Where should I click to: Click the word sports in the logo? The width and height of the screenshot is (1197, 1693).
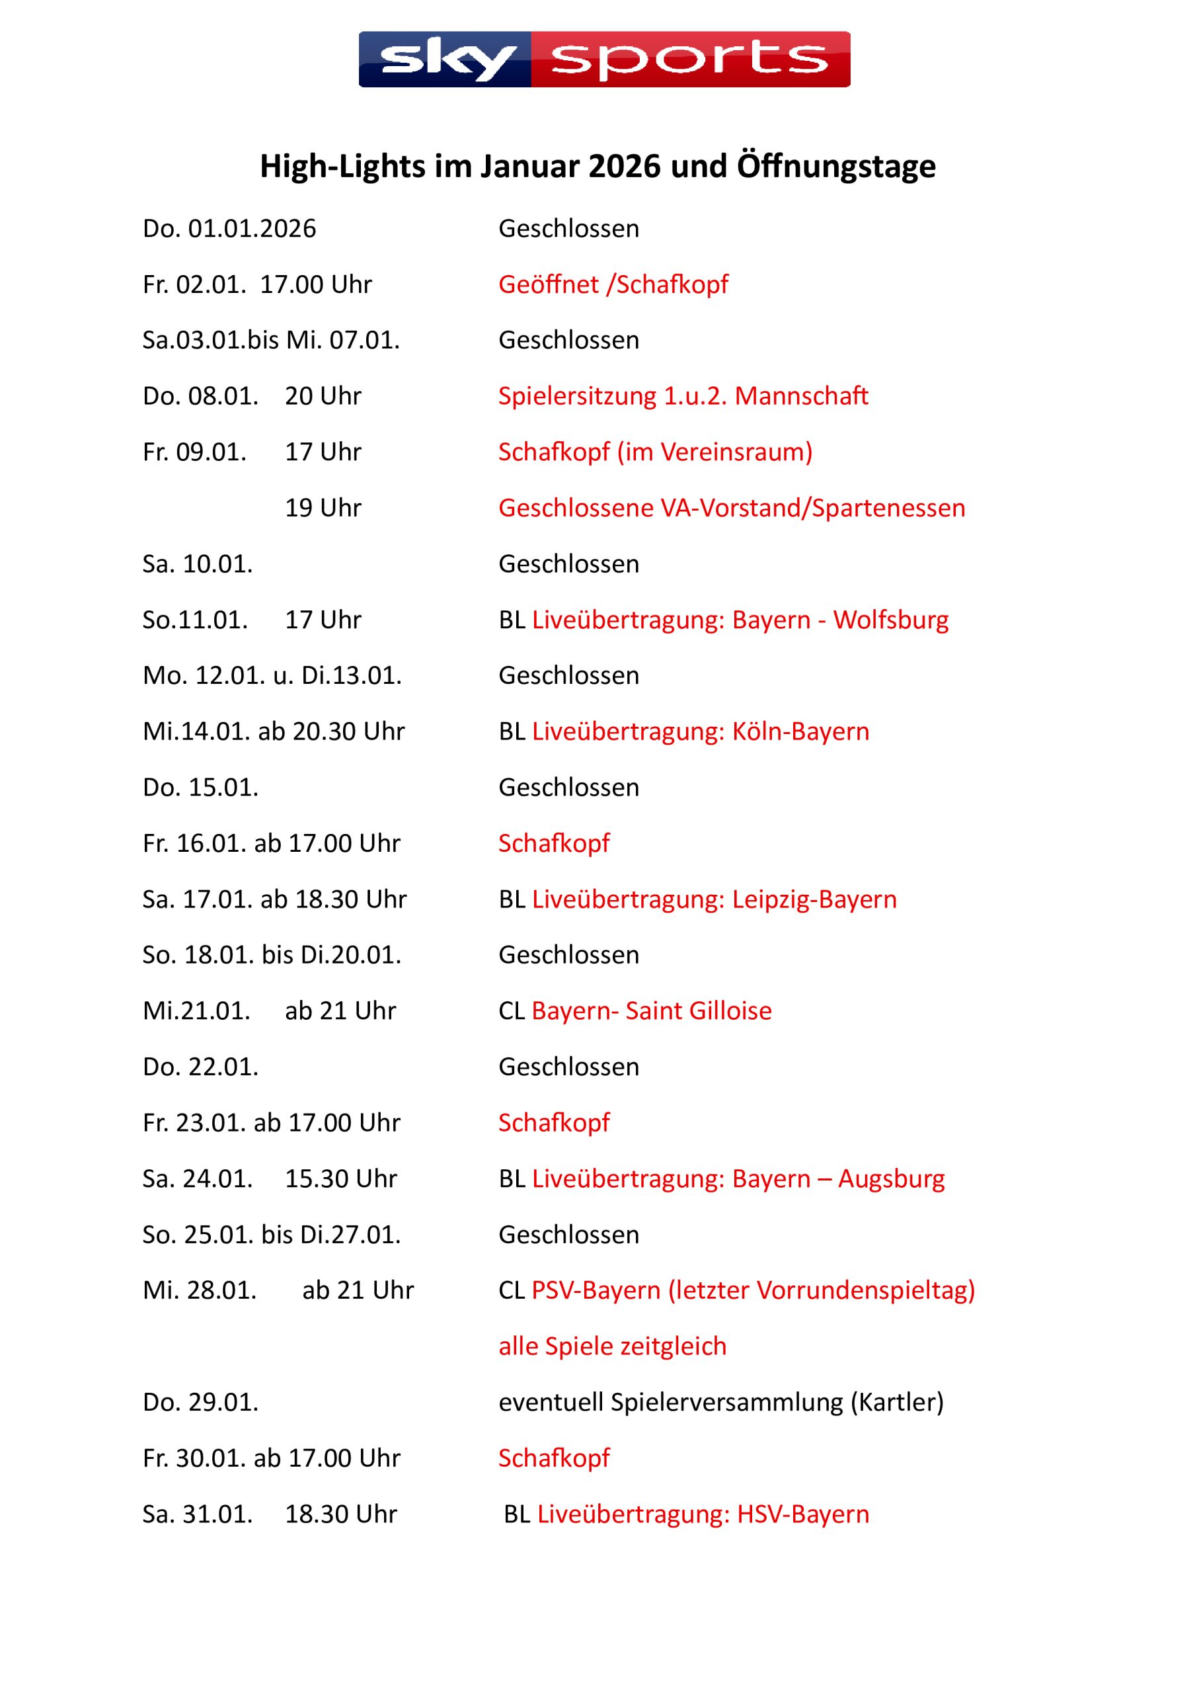[690, 60]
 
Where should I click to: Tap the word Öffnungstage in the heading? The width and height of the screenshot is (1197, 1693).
[836, 167]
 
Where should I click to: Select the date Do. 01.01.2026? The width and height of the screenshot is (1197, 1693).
[229, 229]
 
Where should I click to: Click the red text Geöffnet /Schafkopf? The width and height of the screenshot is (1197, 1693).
[613, 284]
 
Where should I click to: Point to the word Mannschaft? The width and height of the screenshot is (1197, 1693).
[801, 396]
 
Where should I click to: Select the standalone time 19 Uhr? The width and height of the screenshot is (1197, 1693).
[323, 508]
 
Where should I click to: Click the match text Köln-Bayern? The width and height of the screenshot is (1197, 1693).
[800, 731]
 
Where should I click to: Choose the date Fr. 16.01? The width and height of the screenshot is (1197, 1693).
[194, 844]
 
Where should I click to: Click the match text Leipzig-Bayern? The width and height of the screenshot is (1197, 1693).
[814, 899]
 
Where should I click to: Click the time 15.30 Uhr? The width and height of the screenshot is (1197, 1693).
[340, 1179]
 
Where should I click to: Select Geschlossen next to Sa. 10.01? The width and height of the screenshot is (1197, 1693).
[568, 564]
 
